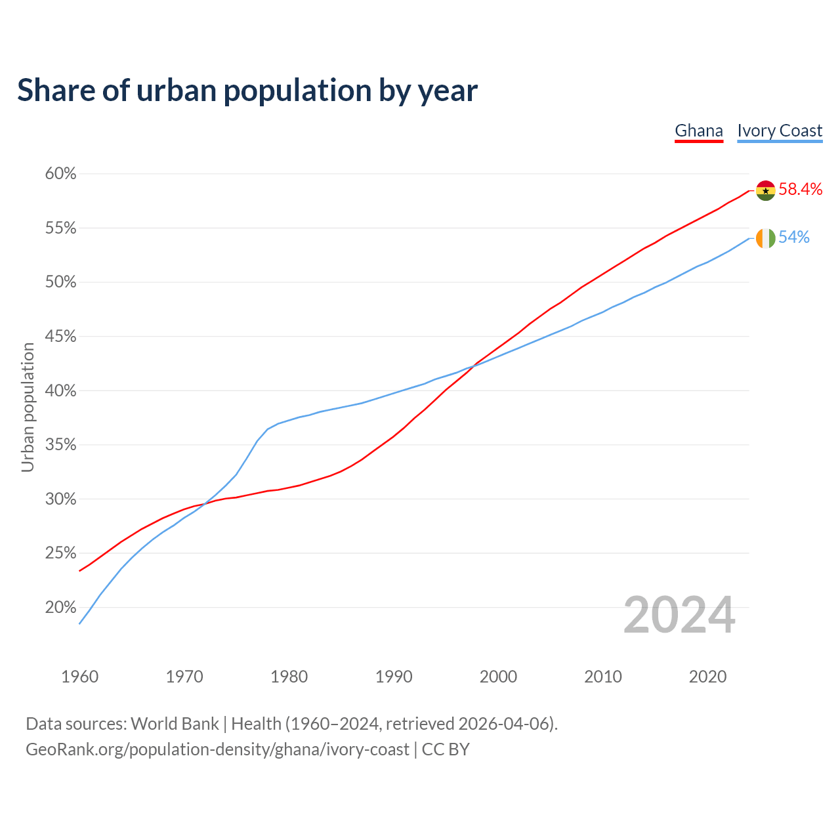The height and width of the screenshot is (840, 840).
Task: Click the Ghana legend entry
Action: click(699, 131)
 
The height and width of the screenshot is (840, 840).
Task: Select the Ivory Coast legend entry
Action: click(780, 131)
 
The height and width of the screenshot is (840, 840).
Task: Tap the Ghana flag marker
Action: click(765, 190)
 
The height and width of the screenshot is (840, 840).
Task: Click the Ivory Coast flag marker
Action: click(765, 238)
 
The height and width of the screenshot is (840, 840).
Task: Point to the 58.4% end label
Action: click(801, 190)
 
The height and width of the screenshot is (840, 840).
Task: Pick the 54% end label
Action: click(794, 238)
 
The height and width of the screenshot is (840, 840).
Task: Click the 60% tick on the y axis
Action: click(60, 174)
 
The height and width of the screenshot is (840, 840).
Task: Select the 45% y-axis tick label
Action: click(60, 337)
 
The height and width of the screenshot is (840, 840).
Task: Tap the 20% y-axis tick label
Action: click(60, 608)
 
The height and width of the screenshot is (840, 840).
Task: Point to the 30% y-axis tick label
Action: click(60, 499)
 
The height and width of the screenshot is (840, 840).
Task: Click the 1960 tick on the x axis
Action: click(79, 677)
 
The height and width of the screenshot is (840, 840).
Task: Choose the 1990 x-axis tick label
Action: click(394, 677)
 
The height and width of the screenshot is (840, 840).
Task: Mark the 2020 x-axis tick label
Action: click(707, 677)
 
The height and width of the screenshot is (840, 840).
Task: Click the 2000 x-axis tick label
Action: click(498, 677)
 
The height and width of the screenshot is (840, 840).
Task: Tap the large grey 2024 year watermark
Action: click(679, 615)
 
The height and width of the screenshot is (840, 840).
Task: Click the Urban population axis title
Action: click(28, 407)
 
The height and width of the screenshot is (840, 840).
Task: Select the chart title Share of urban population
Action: click(247, 91)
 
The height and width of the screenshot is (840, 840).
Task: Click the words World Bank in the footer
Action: click(175, 724)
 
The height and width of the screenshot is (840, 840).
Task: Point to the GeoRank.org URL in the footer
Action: click(217, 749)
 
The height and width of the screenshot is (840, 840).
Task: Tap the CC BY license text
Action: click(446, 749)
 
